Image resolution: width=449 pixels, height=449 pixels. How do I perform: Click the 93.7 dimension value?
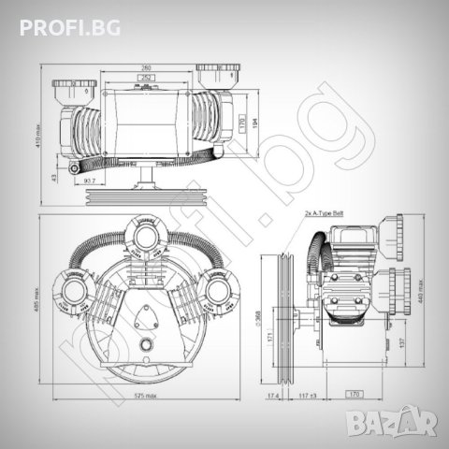(88, 180)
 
